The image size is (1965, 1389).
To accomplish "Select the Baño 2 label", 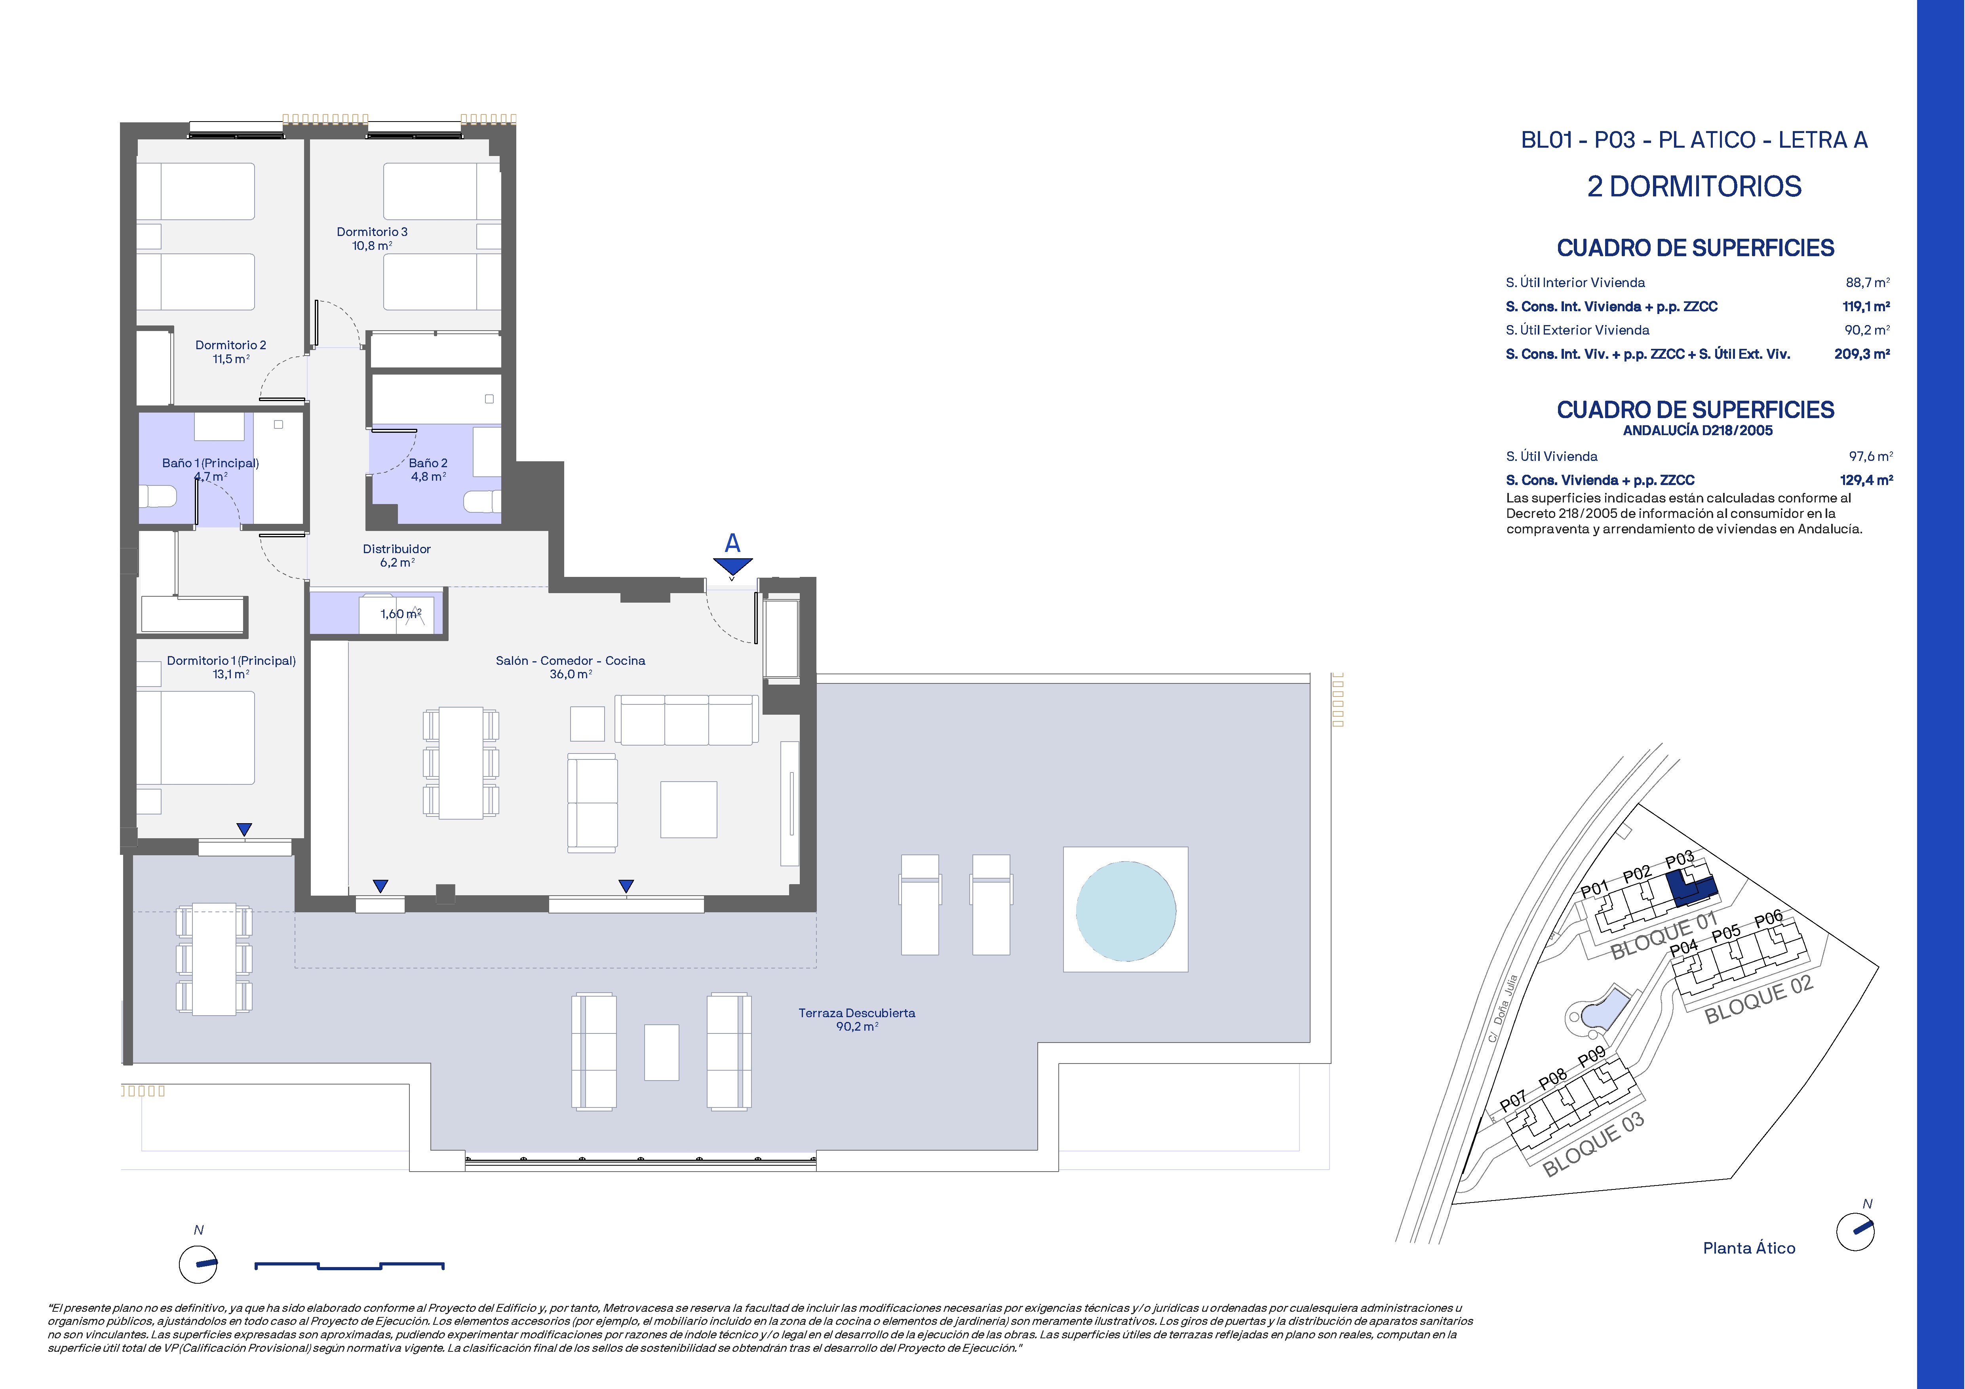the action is click(428, 463).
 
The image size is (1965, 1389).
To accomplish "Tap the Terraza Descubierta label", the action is click(857, 1013).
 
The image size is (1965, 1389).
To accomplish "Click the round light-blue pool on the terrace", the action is click(1125, 910).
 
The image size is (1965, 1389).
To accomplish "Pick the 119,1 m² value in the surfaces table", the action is click(1866, 306).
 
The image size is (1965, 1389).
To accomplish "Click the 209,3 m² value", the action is click(1862, 354).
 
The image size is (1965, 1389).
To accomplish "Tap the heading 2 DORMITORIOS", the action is click(1695, 186).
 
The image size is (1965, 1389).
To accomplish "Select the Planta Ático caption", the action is click(1749, 1249).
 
